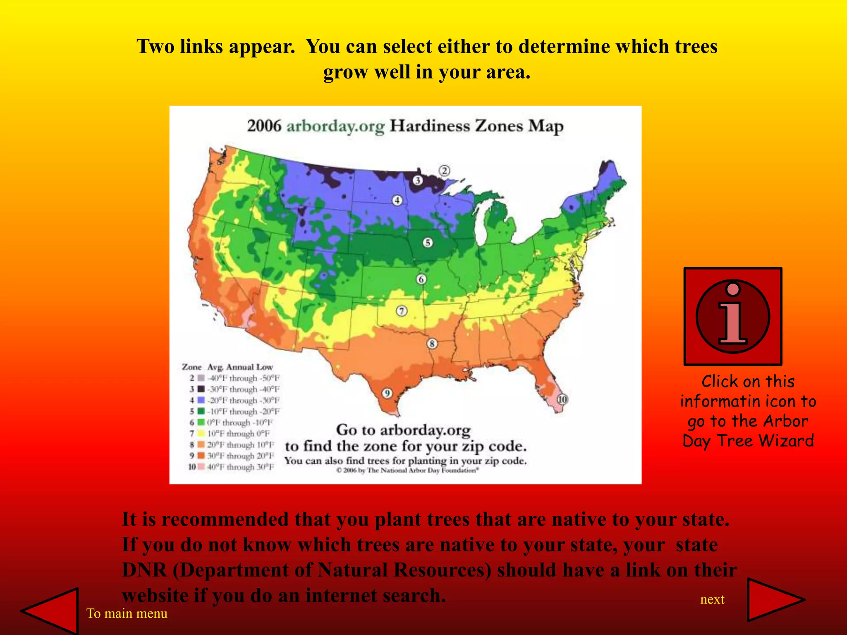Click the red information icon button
[732, 316]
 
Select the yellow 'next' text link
[712, 599]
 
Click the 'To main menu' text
[127, 614]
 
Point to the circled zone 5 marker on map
[428, 243]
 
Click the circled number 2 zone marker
[444, 171]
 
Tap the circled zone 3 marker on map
[418, 180]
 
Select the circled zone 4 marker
[397, 201]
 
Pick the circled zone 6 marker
[421, 279]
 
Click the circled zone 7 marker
[402, 311]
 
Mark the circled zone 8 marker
[432, 344]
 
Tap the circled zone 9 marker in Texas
[387, 393]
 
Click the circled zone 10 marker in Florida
[562, 399]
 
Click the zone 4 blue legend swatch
[201, 400]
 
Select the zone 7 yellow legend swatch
[201, 434]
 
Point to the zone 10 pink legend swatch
[201, 467]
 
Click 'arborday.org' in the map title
[335, 127]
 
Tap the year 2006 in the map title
[264, 126]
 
